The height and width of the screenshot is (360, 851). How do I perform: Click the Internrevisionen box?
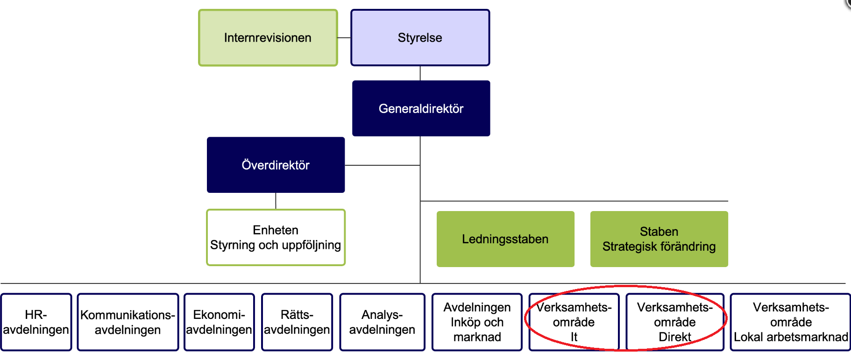point(268,38)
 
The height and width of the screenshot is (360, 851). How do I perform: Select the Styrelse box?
point(420,38)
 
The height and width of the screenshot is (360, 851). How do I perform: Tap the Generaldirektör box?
point(421,108)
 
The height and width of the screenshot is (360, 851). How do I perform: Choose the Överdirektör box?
point(276,165)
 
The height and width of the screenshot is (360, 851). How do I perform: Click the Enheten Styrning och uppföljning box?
point(276,237)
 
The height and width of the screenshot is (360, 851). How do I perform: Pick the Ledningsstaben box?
point(505,239)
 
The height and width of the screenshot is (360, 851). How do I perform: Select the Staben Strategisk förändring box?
point(659,239)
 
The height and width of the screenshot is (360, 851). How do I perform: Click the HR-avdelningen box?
point(36,322)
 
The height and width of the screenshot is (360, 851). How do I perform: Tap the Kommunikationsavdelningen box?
point(128,322)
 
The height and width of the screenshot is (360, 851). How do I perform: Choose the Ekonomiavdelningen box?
point(219,322)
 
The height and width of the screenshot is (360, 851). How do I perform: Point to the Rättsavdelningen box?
point(297,322)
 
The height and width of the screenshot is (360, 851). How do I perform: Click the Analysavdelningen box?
point(382,322)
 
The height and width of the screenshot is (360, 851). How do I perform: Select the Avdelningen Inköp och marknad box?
point(477,322)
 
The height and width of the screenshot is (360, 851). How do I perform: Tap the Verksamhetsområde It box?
point(574,322)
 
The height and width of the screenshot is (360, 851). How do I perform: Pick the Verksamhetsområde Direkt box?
point(674,322)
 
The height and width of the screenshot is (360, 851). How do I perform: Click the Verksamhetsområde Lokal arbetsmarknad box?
point(790,322)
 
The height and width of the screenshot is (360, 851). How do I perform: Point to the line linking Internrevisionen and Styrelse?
point(344,38)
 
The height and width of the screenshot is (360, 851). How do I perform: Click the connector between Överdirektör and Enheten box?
point(276,201)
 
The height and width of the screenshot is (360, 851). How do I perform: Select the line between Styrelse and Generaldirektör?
point(420,73)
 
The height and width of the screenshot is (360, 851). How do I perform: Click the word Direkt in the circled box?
point(674,337)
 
